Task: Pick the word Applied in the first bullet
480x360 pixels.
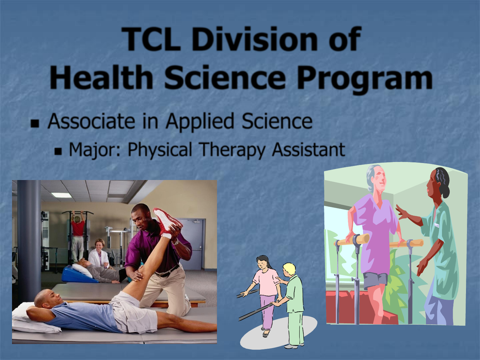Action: pyautogui.click(x=200, y=121)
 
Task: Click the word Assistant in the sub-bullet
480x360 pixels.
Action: pyautogui.click(x=308, y=150)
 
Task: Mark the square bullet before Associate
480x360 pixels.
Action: pyautogui.click(x=35, y=123)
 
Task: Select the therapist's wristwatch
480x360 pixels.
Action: pyautogui.click(x=176, y=242)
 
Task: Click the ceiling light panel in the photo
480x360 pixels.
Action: pyautogui.click(x=61, y=195)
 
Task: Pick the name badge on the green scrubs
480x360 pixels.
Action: pyautogui.click(x=437, y=225)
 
